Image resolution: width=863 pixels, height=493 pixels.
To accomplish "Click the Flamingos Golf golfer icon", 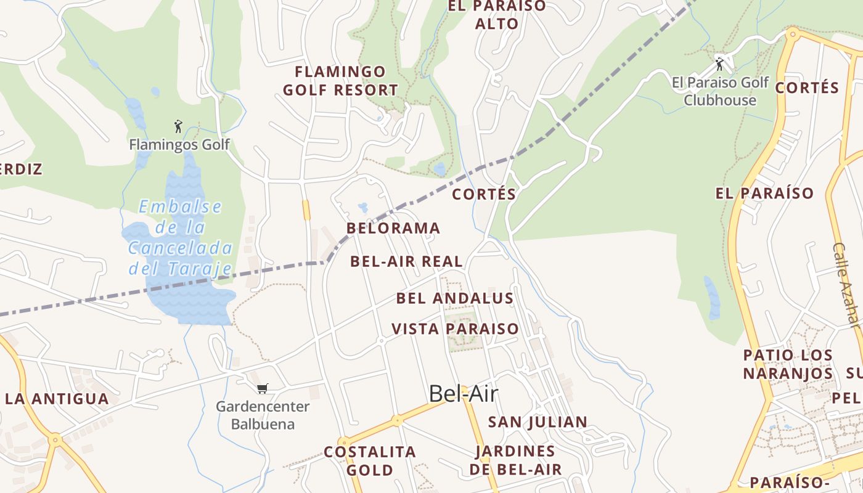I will coord(178,127).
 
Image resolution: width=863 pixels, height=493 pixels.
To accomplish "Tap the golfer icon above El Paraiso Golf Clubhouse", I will coord(719,63).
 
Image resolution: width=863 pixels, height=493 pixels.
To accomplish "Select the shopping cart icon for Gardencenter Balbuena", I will coord(263,388).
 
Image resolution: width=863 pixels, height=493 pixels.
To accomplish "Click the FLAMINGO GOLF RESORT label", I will coord(340,81).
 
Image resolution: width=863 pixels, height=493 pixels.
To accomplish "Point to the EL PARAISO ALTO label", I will coord(497,15).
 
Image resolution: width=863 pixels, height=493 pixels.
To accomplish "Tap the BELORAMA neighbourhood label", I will coord(393,228).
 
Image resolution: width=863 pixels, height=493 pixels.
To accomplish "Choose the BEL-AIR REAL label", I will coord(406,261).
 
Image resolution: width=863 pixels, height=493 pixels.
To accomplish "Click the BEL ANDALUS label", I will coord(455,298).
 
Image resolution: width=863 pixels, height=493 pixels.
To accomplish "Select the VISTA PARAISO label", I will coord(455,328).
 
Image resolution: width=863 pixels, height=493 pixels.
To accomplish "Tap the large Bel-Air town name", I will coord(463,393).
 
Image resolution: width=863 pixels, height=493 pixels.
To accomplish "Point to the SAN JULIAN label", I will coord(538,422).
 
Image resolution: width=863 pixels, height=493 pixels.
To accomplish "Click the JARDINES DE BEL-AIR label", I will coord(515,460).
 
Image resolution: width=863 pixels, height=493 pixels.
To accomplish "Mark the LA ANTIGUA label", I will coord(57,399).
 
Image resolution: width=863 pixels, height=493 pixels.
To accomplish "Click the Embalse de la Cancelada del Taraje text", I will coord(180,237).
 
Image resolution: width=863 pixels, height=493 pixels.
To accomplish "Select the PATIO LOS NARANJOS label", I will coord(788,364).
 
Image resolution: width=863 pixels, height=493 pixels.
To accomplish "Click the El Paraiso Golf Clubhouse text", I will coord(720,91).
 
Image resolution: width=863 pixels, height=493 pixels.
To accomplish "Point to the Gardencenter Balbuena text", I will coord(263,415).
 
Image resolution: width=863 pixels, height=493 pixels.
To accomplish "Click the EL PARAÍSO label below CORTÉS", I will coord(764,194).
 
